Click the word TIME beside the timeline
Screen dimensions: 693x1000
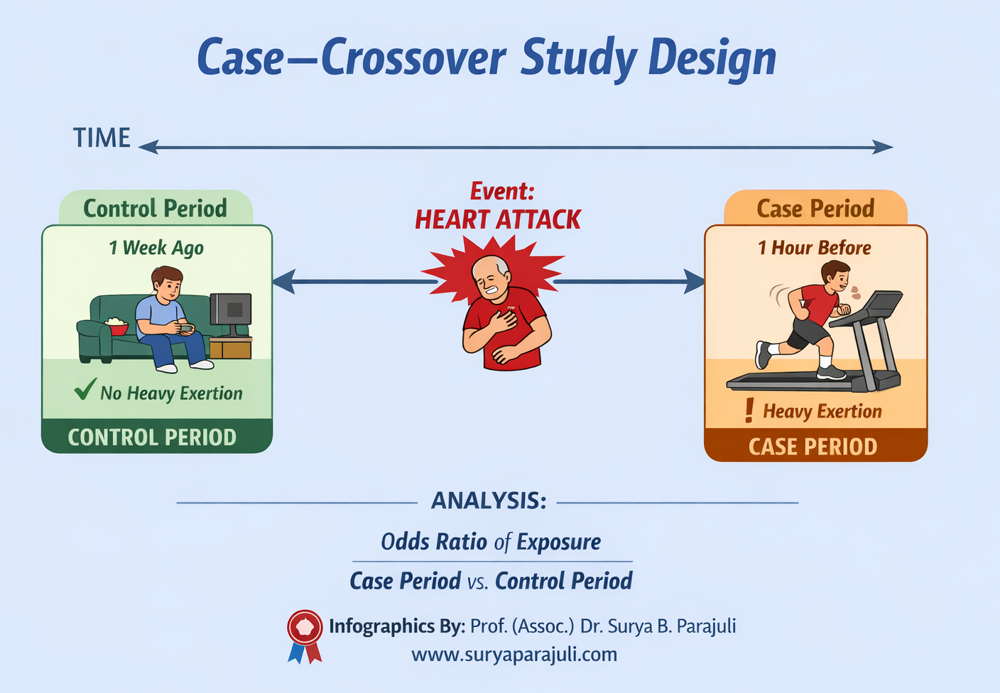102,138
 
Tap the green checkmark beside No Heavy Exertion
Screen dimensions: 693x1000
85,389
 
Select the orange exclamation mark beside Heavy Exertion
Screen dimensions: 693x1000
749,410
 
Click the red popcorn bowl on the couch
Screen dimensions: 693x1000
116,327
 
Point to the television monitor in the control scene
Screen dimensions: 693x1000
232,310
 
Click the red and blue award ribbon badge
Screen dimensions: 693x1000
305,634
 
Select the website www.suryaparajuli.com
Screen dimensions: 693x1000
513,654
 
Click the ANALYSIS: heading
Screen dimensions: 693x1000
489,501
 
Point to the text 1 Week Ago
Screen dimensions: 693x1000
156,248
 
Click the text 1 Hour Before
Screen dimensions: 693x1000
814,248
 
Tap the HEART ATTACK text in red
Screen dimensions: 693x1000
498,220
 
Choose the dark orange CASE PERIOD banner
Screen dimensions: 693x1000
814,446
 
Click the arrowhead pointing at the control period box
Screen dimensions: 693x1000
283,282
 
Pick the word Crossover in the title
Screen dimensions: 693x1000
413,58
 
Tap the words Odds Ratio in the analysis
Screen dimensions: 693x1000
435,542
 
